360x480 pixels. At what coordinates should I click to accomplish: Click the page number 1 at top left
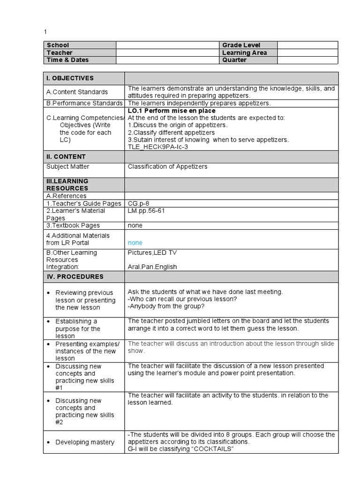[x=45, y=31]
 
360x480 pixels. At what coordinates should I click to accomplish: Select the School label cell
[x=58, y=45]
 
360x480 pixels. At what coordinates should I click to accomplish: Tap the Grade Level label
[x=241, y=45]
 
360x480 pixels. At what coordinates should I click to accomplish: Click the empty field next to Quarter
[x=307, y=60]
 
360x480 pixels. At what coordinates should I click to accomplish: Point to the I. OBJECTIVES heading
[x=70, y=78]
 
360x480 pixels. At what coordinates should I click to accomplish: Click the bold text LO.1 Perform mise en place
[x=172, y=111]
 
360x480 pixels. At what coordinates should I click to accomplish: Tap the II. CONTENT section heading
[x=66, y=157]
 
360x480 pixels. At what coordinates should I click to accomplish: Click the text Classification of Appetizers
[x=167, y=166]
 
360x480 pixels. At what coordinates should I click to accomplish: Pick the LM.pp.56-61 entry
[x=146, y=210]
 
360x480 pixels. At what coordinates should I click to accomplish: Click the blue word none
[x=135, y=243]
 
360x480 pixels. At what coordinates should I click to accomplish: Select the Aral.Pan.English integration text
[x=152, y=267]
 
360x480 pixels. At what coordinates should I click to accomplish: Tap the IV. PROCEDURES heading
[x=75, y=277]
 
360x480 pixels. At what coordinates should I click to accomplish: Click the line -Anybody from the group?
[x=166, y=307]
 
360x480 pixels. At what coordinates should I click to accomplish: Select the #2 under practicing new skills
[x=59, y=422]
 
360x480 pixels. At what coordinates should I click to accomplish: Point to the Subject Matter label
[x=67, y=166]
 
